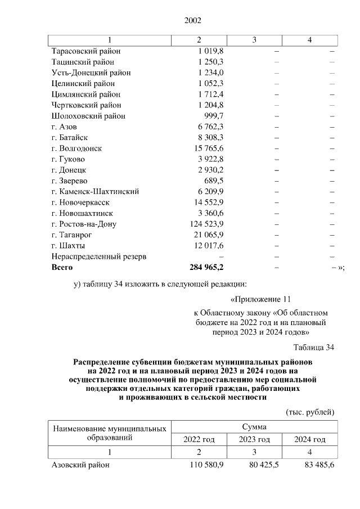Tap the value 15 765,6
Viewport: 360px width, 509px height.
(x=208, y=148)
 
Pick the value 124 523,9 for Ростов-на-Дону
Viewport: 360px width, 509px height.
(x=205, y=224)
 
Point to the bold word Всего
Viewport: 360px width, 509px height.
(x=62, y=267)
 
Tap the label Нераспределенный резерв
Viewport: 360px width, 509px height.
(x=99, y=256)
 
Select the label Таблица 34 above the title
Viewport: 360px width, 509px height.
(x=314, y=346)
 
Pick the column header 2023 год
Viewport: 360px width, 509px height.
(x=254, y=439)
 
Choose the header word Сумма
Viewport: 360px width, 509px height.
(x=255, y=427)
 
